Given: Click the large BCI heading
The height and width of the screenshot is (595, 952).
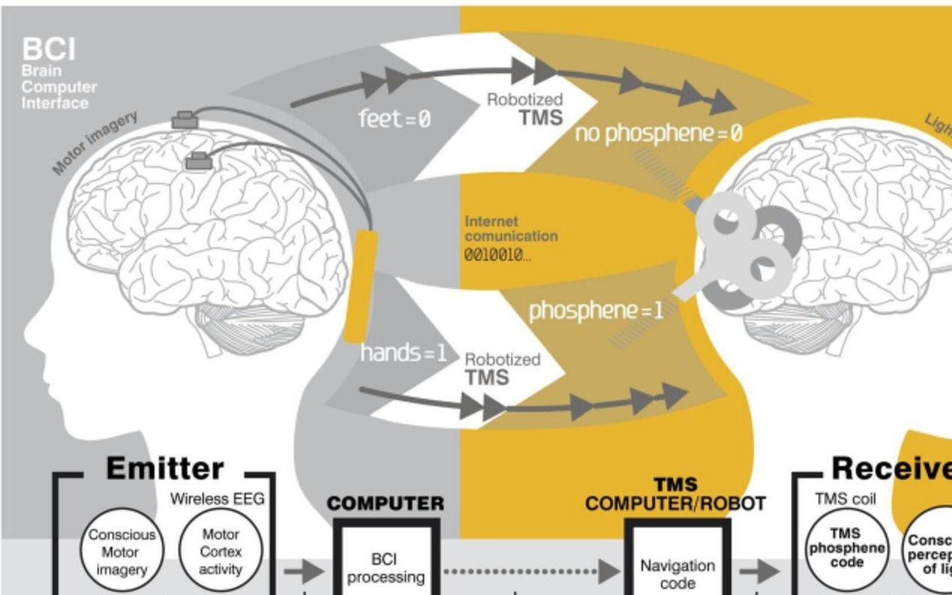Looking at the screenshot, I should (49, 50).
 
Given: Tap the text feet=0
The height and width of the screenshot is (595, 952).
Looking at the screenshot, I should (394, 118).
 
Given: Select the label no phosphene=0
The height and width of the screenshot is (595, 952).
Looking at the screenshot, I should (659, 134).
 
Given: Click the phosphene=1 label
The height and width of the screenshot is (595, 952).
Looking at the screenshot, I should (596, 311).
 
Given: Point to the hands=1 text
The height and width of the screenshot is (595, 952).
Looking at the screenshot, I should (403, 353).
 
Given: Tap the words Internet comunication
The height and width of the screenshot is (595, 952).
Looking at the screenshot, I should (511, 228).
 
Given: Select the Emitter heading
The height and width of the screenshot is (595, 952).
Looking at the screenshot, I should (165, 469).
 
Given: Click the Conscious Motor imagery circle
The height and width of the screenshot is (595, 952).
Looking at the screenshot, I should (121, 552).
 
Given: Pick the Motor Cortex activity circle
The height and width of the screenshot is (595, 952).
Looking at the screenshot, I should (221, 552).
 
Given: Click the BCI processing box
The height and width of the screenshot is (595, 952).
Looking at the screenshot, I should (385, 567).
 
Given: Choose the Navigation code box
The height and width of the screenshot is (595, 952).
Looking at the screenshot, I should (677, 573).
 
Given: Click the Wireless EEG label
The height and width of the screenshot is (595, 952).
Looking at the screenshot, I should (217, 498).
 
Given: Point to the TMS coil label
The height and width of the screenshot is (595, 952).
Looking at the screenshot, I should (845, 498).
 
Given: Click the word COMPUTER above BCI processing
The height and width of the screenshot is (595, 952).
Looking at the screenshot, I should (385, 504).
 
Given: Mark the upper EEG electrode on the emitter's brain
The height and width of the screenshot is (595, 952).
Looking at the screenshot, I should (185, 120).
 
